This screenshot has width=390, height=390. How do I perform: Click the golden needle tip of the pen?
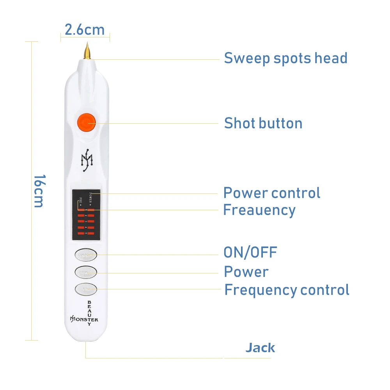tap(87, 51)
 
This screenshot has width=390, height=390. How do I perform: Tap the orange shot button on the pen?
tap(86, 122)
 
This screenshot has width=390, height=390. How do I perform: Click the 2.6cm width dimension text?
tap(85, 30)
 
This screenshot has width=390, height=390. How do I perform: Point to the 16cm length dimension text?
tap(39, 191)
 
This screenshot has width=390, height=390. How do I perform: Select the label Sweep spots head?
tap(285, 58)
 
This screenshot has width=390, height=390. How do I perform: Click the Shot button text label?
tap(263, 123)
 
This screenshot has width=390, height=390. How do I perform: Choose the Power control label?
tap(271, 193)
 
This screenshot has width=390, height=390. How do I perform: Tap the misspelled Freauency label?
tap(259, 210)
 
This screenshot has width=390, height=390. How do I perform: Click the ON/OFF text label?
tap(250, 252)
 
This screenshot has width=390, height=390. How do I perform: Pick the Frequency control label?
tap(287, 290)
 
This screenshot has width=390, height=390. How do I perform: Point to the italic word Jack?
tap(260, 347)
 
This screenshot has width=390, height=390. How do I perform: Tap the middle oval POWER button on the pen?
tap(86, 272)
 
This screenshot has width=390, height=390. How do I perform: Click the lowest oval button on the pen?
tap(86, 289)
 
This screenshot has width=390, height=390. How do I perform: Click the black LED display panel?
tap(86, 214)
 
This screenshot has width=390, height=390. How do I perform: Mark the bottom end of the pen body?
tap(86, 340)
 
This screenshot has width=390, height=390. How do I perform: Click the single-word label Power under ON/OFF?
tap(246, 272)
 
